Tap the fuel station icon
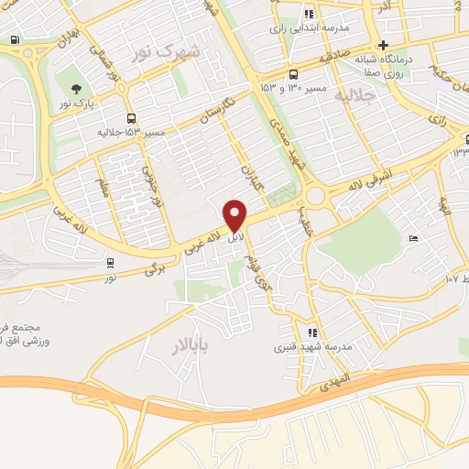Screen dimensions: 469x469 (x=15, y=39)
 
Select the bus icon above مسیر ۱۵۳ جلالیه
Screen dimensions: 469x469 (x=133, y=118)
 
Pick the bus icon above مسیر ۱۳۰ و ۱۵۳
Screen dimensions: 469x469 (x=292, y=75)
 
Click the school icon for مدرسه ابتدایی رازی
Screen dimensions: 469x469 (x=310, y=14)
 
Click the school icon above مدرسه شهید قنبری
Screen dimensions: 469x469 (x=312, y=333)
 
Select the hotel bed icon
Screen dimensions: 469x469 (x=413, y=238)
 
